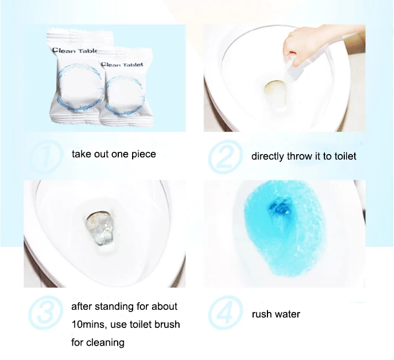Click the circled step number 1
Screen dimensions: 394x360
point(46,156)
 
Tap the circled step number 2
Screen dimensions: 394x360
point(225,157)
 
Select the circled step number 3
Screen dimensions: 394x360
point(46,313)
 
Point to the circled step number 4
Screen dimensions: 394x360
point(225,313)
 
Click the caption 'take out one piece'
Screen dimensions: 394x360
point(114,154)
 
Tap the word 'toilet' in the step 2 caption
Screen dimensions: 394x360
point(345,156)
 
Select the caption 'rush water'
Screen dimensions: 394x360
point(276,314)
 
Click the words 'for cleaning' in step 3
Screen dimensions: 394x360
point(98,342)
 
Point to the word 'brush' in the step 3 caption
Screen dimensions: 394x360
point(167,324)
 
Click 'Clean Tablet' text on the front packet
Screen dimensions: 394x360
point(122,65)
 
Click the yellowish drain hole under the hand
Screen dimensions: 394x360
point(275,92)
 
